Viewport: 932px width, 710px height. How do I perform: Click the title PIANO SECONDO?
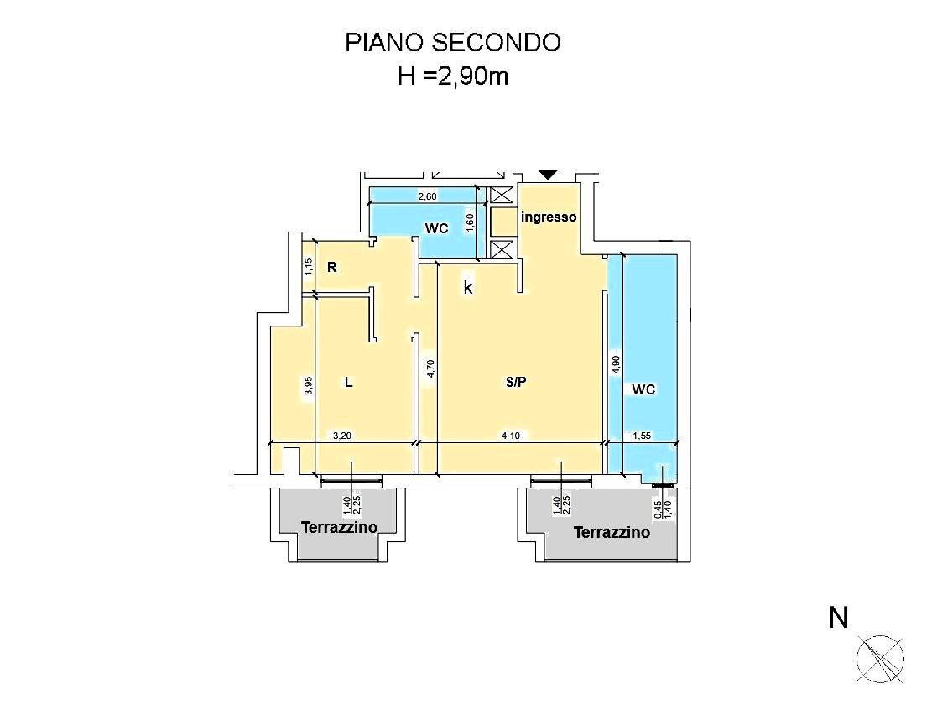coord(453,43)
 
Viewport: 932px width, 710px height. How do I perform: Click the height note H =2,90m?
coord(453,76)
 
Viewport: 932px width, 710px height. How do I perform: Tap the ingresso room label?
coord(549,217)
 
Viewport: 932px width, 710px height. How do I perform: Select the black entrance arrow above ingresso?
coord(548,175)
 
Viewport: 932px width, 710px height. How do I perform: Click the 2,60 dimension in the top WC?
coord(427,196)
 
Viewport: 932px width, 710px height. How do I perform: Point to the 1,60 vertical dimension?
coord(470,223)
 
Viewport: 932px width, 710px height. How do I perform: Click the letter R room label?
coord(332,268)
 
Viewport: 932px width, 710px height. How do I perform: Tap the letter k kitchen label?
coord(468,288)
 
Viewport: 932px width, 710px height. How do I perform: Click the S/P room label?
coord(516,383)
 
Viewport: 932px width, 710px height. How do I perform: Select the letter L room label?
coord(349,383)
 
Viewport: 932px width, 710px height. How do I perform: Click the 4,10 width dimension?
coord(511,436)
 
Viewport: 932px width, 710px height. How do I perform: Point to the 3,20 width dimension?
coord(341,436)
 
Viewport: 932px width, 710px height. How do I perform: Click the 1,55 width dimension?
coord(642,436)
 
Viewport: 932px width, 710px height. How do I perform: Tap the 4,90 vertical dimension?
coord(616,364)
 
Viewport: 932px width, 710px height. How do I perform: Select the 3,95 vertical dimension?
coord(308,386)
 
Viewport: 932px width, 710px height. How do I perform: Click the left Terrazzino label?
coord(340,527)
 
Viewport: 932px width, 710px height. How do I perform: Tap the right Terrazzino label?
coord(612,532)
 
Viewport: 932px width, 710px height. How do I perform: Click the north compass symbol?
coord(880,659)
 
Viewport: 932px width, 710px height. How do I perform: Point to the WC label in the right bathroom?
coord(643,389)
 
